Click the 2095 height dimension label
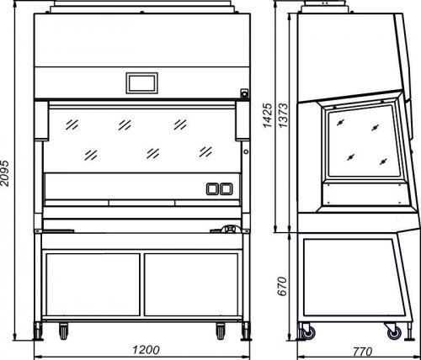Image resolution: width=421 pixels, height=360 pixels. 5,173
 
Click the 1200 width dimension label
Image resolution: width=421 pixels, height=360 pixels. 146,350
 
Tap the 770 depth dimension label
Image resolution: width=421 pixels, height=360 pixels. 363,351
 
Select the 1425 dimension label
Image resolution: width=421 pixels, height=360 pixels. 267,115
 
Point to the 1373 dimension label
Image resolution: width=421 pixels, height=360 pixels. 283,115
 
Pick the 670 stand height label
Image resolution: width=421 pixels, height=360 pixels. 282,286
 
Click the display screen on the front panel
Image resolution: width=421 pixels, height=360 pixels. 141,83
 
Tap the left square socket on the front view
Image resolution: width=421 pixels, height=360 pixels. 212,189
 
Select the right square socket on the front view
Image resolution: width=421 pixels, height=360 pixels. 226,189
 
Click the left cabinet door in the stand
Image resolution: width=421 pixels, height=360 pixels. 93,284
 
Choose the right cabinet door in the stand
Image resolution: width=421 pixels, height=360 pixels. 191,284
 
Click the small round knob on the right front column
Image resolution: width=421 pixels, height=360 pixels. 246,151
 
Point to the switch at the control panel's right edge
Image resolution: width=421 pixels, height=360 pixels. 244,93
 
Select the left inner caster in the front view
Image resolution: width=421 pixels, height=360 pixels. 63,331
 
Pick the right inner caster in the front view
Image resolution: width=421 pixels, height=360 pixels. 221,331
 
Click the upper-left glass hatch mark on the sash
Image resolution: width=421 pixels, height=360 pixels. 72,124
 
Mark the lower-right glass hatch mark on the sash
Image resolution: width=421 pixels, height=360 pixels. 205,151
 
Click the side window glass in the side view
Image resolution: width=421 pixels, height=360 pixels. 364,141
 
